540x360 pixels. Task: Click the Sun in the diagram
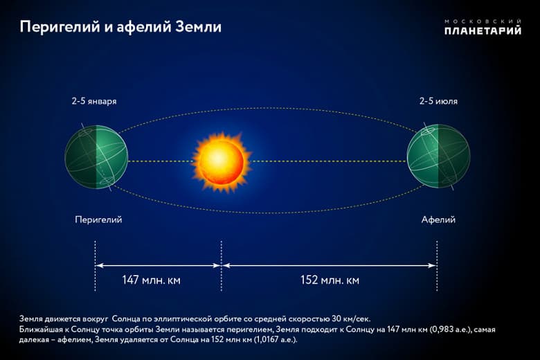(x=219, y=161)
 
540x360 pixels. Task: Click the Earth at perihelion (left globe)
(x=96, y=157)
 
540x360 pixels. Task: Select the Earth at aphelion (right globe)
(x=438, y=157)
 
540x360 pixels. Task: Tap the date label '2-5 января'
(x=93, y=101)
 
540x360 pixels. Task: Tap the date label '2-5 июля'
(x=438, y=101)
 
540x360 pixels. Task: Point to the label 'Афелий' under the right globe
(x=438, y=219)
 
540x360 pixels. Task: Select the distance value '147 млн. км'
(x=151, y=280)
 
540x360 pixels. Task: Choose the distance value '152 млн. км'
(x=330, y=280)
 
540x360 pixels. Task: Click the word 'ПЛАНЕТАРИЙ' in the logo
(x=483, y=30)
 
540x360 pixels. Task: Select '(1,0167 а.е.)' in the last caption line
(x=275, y=341)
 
